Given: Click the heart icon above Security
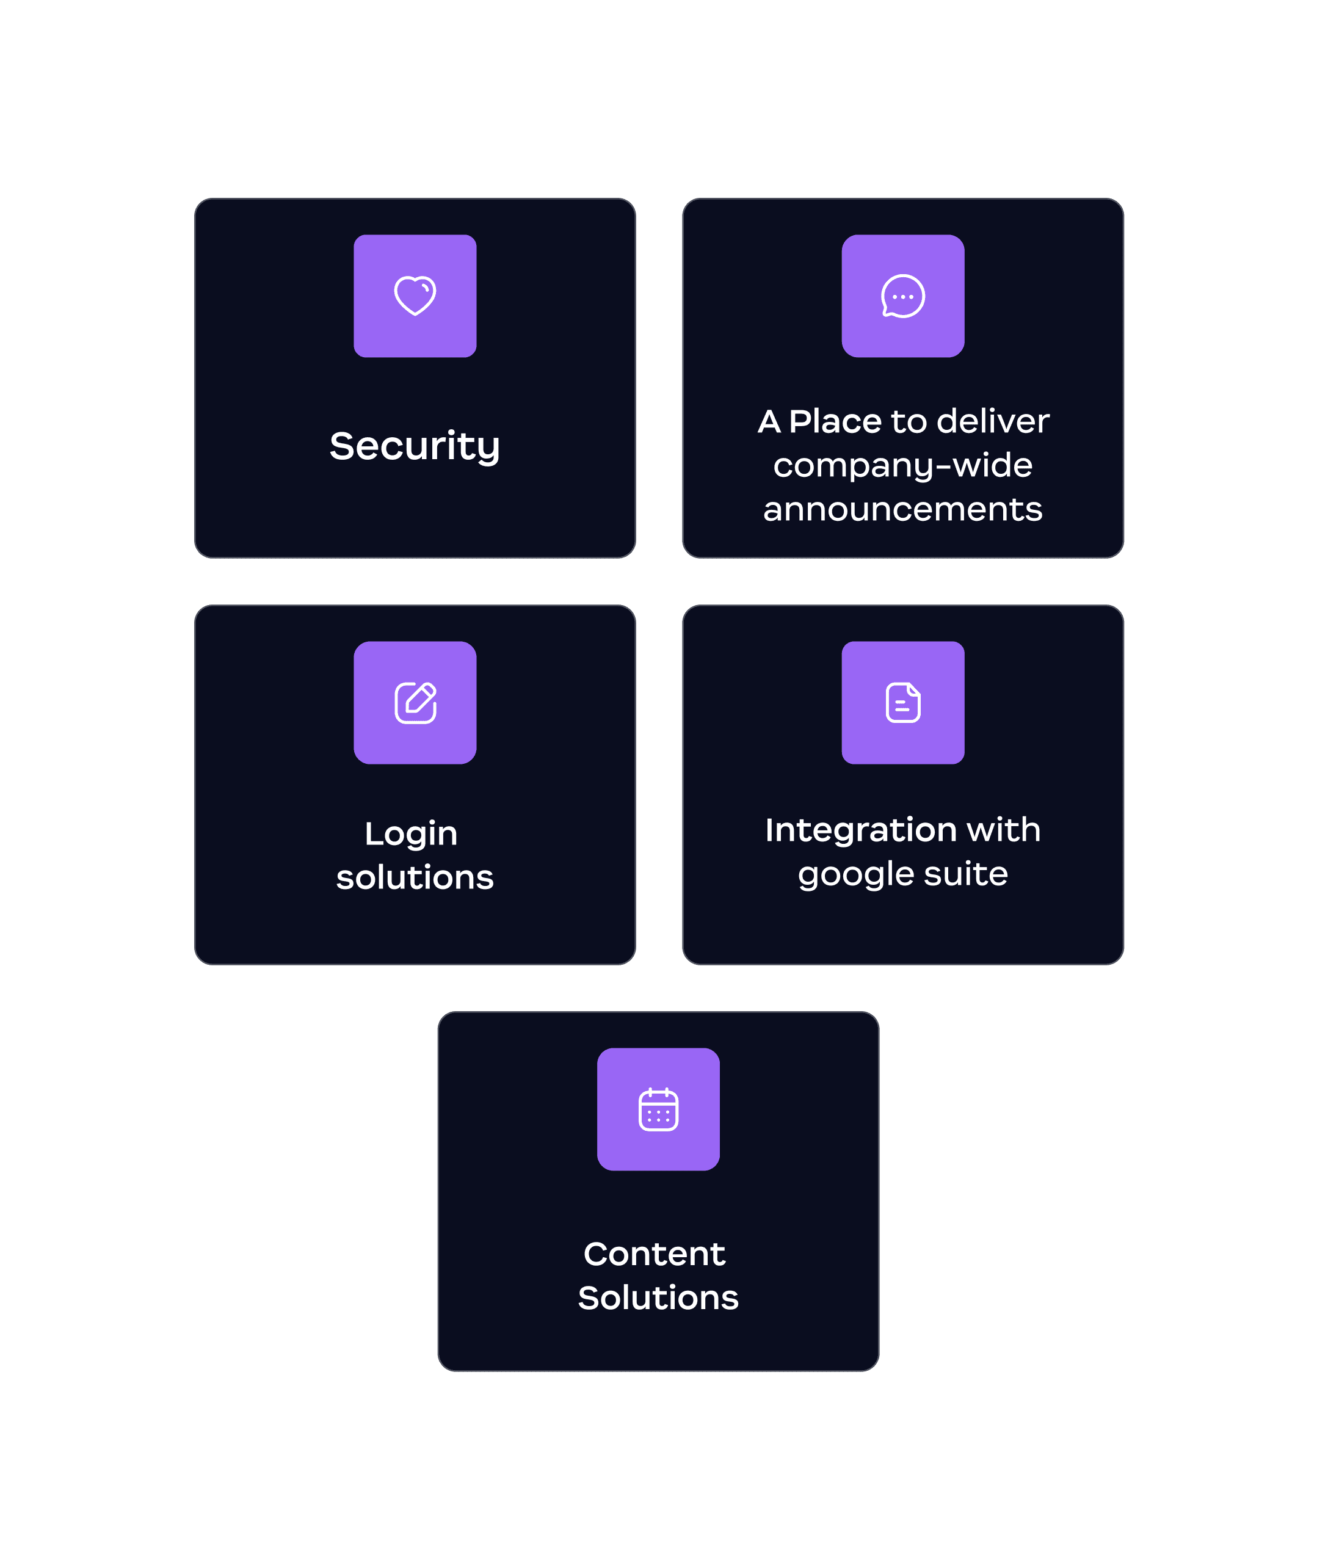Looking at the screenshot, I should [x=415, y=296].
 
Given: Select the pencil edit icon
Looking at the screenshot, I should [x=415, y=703].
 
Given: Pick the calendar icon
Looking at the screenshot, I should [x=658, y=1109].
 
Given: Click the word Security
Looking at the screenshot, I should [x=415, y=446].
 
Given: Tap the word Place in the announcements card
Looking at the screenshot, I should [x=835, y=422].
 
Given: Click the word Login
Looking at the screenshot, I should [x=411, y=834].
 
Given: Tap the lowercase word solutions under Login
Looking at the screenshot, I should [x=415, y=877].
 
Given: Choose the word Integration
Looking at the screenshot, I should [x=861, y=830].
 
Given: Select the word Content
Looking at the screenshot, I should [x=654, y=1254].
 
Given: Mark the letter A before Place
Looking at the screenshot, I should [x=769, y=422].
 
